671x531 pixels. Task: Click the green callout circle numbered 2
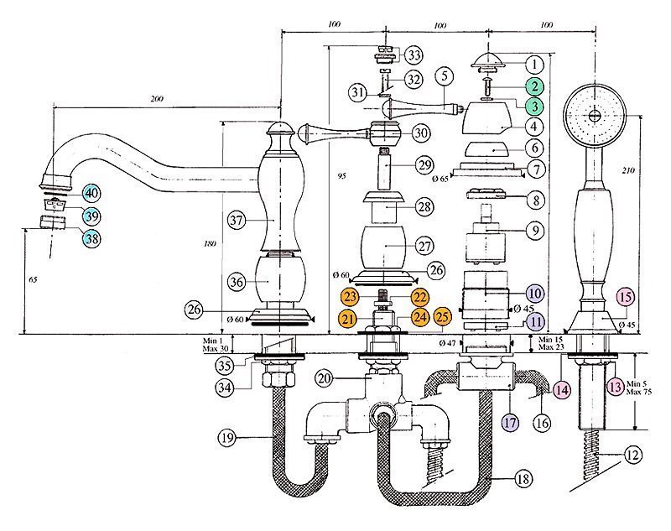pos(534,86)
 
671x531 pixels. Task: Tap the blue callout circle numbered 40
pos(91,194)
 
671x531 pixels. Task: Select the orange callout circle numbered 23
pos(350,296)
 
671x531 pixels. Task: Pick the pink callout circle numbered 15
pos(625,296)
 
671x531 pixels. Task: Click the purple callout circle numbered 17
pos(510,423)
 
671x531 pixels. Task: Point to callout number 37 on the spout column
pos(237,221)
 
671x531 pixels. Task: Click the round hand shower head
pos(595,115)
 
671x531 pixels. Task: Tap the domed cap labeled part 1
pos(489,60)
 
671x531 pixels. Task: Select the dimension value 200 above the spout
pos(157,99)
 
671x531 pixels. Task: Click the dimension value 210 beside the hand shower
pos(628,170)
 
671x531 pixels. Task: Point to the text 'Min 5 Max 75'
pos(638,388)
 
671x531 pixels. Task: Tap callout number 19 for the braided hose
pos(226,437)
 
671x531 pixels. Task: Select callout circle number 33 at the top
pos(414,55)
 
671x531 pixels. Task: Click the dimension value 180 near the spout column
pos(210,244)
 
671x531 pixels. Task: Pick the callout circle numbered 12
pos(632,455)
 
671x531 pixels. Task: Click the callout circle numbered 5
pos(445,76)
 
